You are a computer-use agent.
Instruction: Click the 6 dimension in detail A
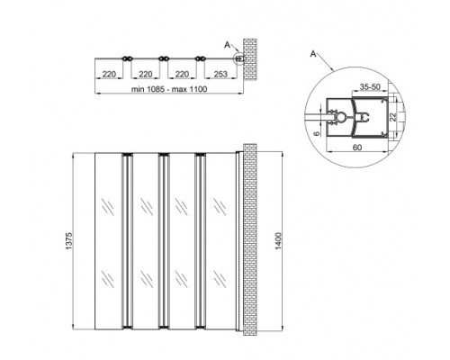tap(318, 131)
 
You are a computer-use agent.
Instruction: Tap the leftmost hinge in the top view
tap(127, 59)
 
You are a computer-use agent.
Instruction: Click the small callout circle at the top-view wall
tap(238, 59)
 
